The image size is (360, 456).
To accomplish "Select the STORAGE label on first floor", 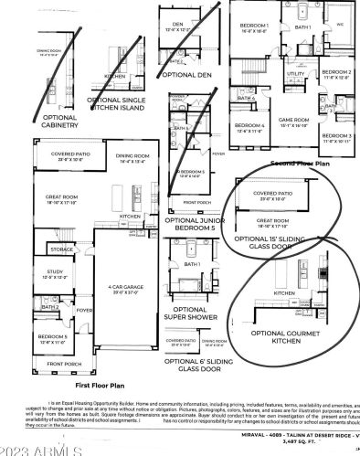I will pyautogui.click(x=37, y=249).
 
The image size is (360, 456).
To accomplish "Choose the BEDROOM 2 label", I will pyautogui.click(x=336, y=73).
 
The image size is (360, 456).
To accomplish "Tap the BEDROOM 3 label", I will pyautogui.click(x=335, y=137).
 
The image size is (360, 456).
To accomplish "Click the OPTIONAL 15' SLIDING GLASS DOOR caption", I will pyautogui.click(x=275, y=243).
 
